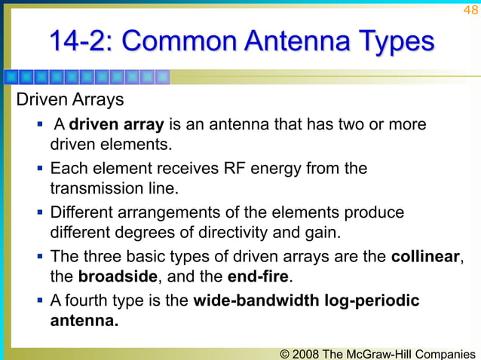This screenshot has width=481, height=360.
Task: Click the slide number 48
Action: (470, 10)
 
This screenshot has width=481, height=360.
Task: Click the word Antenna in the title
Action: (291, 41)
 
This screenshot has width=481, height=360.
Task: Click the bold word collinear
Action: (424, 256)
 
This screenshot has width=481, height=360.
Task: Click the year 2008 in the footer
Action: (306, 352)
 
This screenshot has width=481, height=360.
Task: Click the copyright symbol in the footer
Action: (283, 352)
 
